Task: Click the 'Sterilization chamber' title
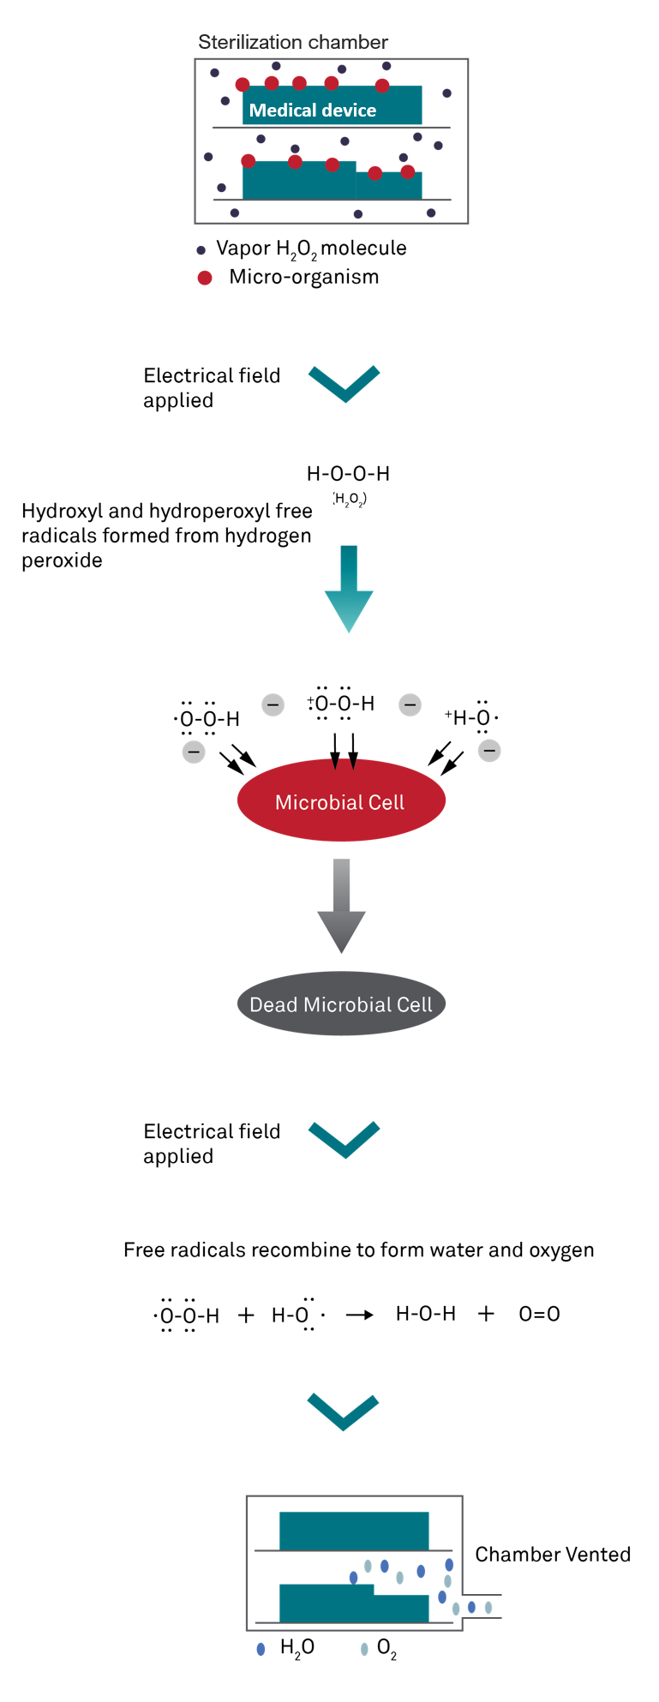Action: tap(292, 42)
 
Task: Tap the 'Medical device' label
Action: tap(312, 110)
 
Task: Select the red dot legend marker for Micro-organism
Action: tap(205, 278)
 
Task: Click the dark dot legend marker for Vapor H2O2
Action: tap(201, 250)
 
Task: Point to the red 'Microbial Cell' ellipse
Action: tap(340, 801)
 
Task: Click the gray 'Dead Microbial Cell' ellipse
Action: tap(340, 1004)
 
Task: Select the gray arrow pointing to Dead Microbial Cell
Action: tap(341, 905)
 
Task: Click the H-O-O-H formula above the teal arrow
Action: tap(348, 473)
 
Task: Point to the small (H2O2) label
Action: tap(350, 499)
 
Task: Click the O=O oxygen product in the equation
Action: tap(539, 1314)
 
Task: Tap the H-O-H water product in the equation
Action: tap(425, 1314)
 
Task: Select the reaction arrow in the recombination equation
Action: tap(359, 1315)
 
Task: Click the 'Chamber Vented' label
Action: tap(553, 1554)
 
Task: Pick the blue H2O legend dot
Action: tap(261, 1649)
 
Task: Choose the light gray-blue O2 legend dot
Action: tap(364, 1649)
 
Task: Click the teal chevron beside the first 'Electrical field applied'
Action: tap(344, 383)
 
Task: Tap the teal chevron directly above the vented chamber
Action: tap(343, 1411)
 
